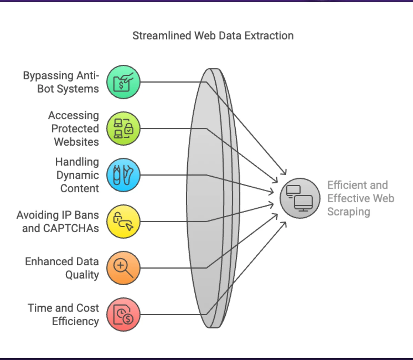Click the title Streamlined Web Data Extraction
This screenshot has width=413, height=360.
(x=213, y=36)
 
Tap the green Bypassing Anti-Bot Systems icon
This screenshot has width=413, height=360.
(x=123, y=82)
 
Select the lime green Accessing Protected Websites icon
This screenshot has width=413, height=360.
(x=123, y=129)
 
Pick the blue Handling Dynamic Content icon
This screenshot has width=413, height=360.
(x=123, y=175)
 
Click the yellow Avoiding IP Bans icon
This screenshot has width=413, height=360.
(x=123, y=222)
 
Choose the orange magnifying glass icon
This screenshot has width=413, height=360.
(x=123, y=268)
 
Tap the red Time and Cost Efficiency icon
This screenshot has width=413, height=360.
(x=123, y=315)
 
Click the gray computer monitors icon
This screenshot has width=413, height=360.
(x=300, y=198)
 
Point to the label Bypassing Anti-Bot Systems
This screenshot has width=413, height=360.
(x=61, y=82)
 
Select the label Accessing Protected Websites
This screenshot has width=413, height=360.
(x=74, y=129)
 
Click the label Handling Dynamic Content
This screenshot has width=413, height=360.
(x=77, y=175)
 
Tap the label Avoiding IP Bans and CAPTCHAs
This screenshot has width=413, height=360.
(x=58, y=222)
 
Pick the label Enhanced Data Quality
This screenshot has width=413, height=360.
(x=62, y=268)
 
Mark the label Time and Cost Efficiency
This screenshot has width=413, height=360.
(x=63, y=315)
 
